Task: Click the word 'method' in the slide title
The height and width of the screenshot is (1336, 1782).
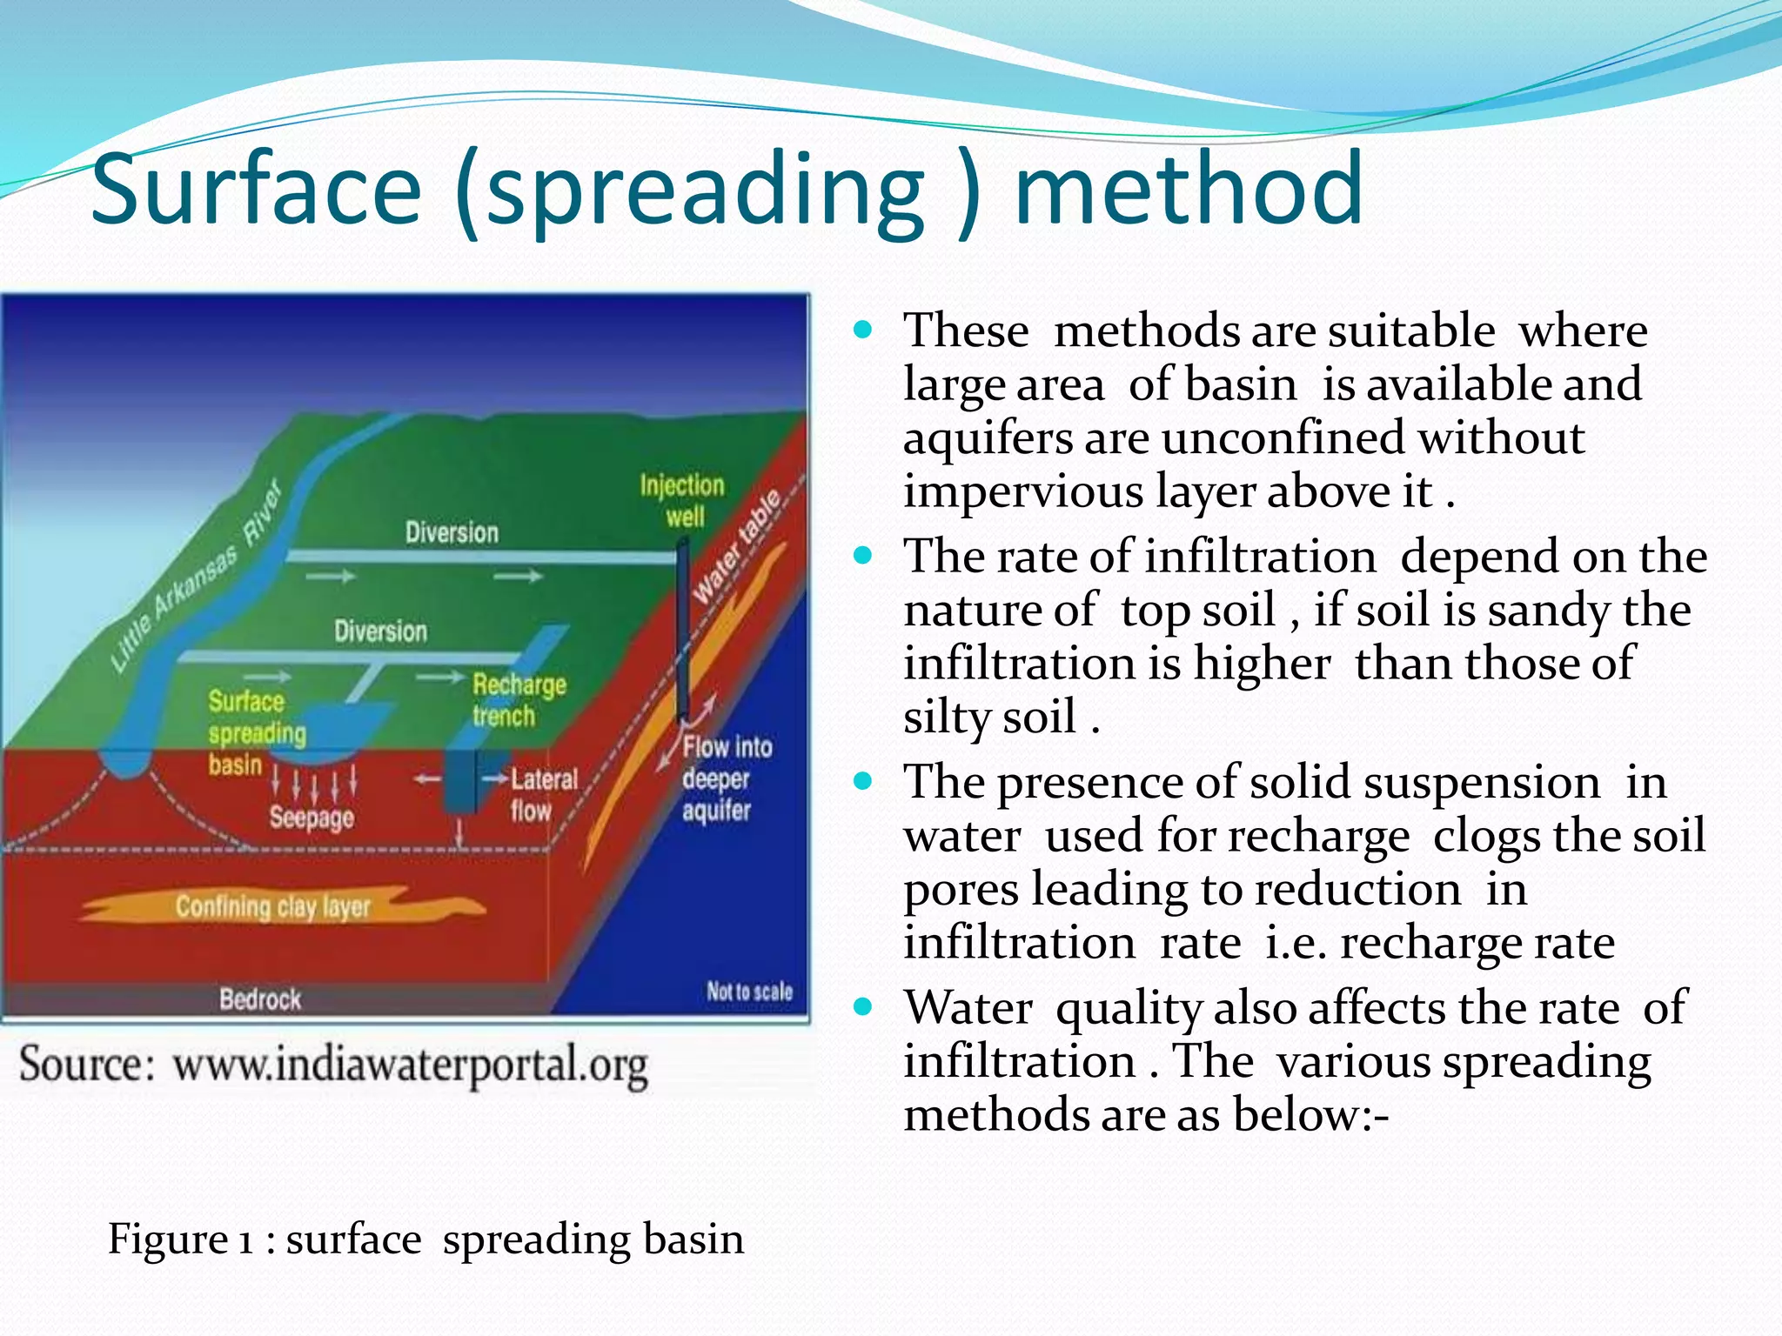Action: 1189,189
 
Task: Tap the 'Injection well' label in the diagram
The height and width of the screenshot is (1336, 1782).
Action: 682,500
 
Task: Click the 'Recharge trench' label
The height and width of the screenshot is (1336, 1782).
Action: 519,699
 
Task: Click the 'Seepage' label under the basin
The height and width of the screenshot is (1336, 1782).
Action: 312,817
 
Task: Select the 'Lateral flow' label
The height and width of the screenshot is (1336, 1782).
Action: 541,794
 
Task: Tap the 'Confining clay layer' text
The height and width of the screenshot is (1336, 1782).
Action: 273,907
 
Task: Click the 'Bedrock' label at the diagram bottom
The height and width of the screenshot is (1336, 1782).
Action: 260,999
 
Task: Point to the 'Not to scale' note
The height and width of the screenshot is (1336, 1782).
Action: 749,992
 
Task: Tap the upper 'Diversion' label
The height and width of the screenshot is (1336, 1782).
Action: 452,532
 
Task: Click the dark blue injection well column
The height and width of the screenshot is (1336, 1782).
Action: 683,626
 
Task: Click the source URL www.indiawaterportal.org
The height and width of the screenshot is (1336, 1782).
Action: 410,1064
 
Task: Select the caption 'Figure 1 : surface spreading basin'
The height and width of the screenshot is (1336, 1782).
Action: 425,1239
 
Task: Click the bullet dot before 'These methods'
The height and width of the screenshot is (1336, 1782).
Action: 862,330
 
